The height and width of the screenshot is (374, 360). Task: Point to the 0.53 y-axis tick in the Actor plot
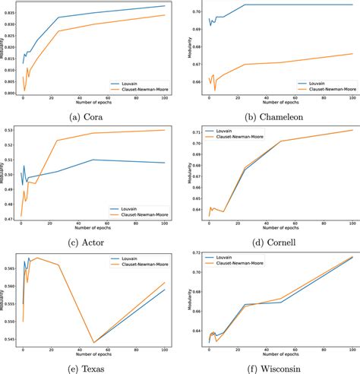[x=11, y=130]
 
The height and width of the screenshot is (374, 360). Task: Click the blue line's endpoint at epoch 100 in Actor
[x=165, y=163]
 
